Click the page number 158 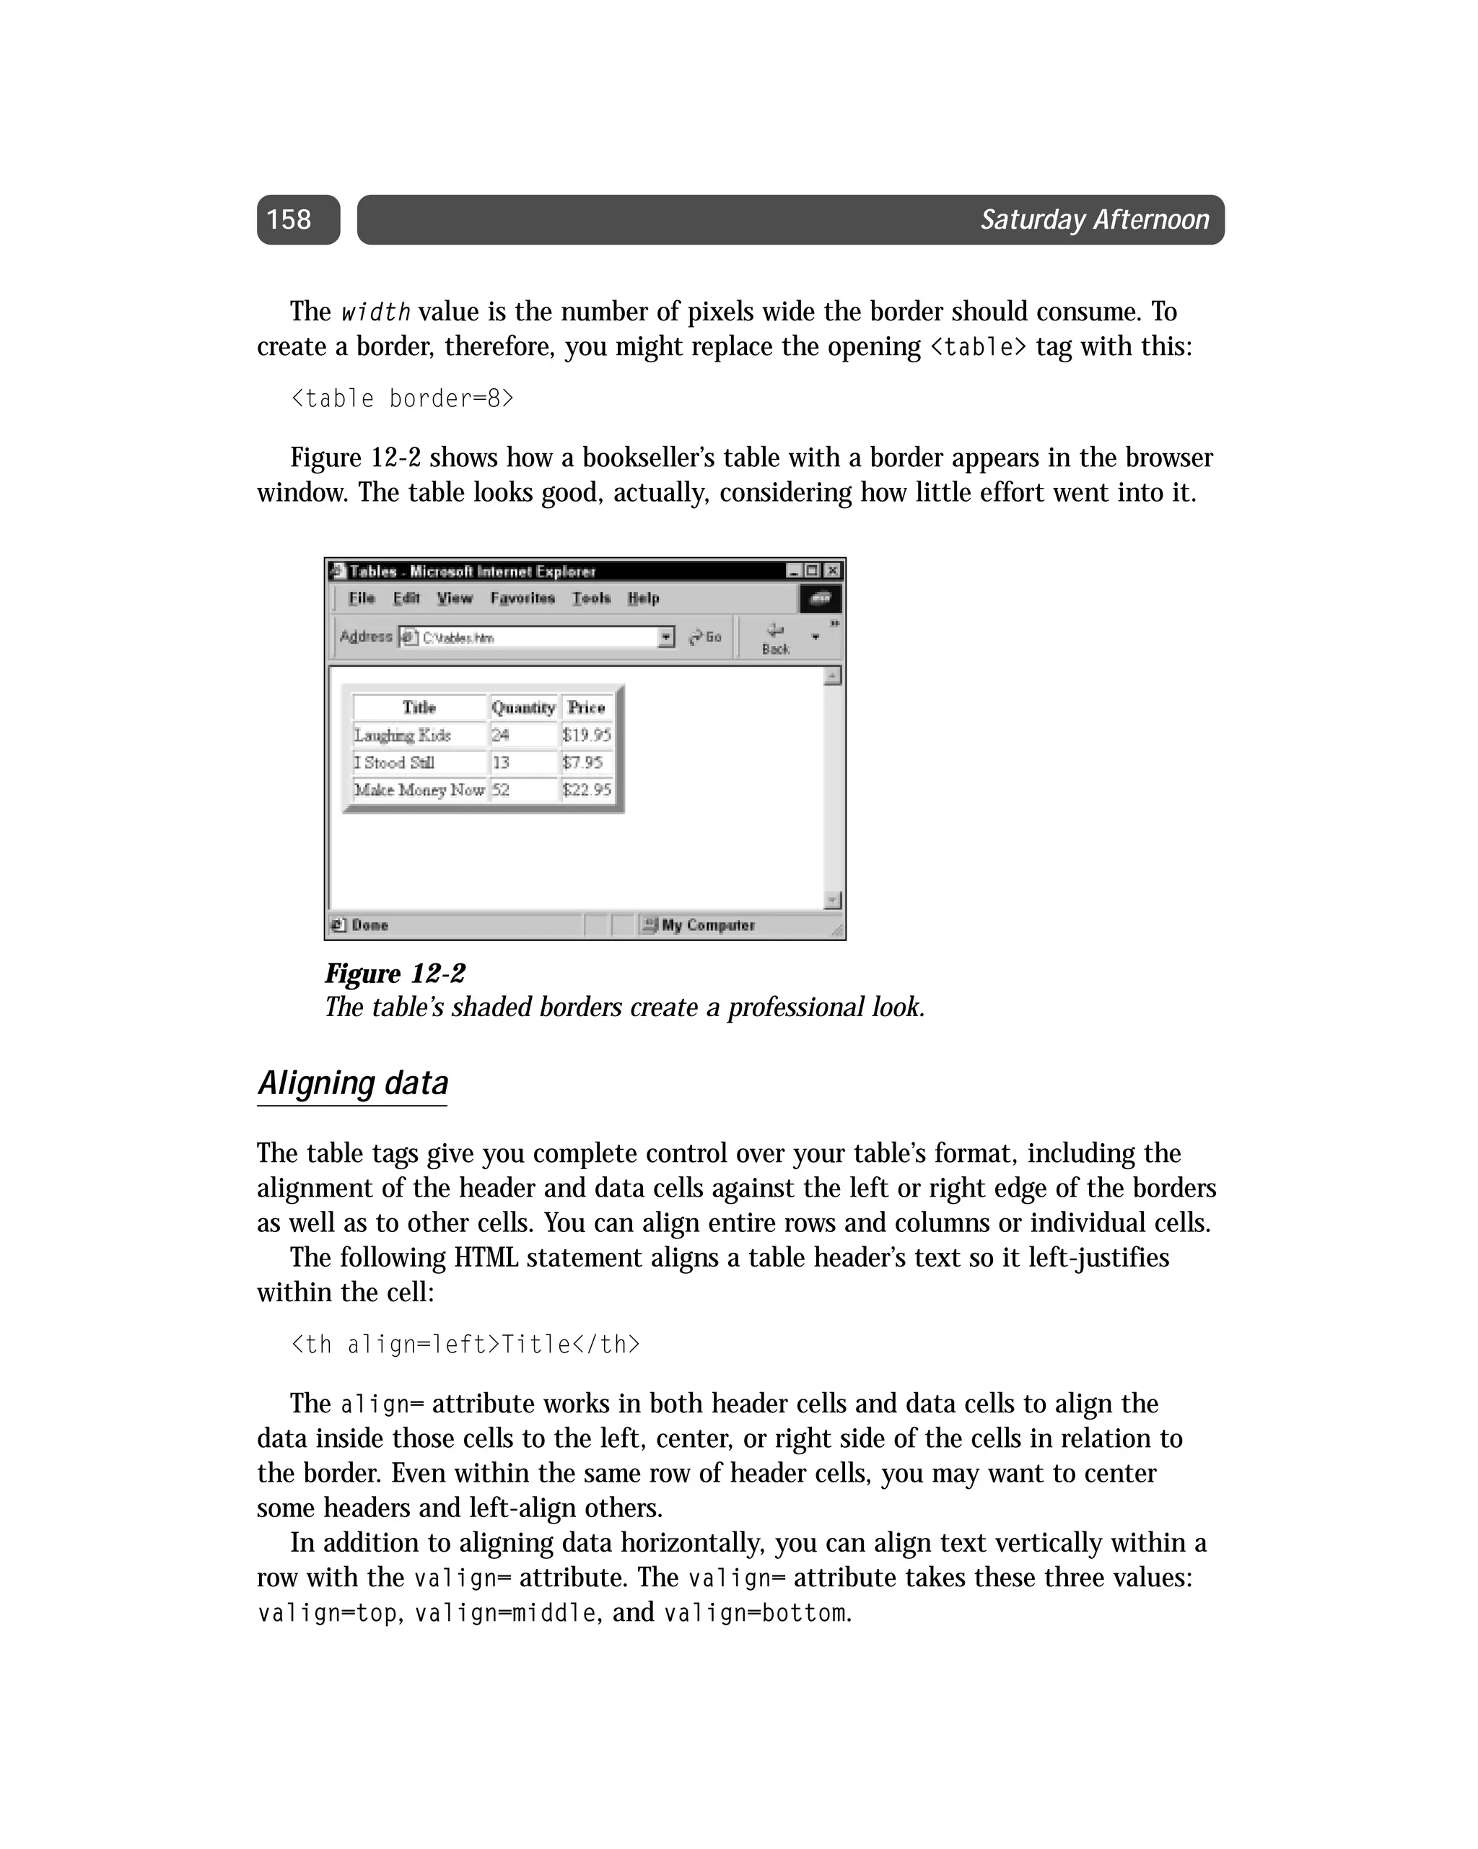coord(289,219)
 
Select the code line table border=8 coord(401,399)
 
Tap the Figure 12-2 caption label coord(395,974)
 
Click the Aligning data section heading coord(353,1083)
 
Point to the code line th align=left coord(465,1344)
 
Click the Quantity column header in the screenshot coord(522,707)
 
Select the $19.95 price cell coord(586,735)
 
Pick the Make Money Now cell coord(419,790)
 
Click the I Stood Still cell coord(395,762)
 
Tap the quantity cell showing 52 coord(501,790)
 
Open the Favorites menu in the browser coord(522,598)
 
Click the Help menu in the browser coord(642,598)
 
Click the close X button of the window coord(832,570)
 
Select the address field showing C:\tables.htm coord(536,637)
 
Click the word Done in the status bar coord(369,925)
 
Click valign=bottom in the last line coord(756,1613)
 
